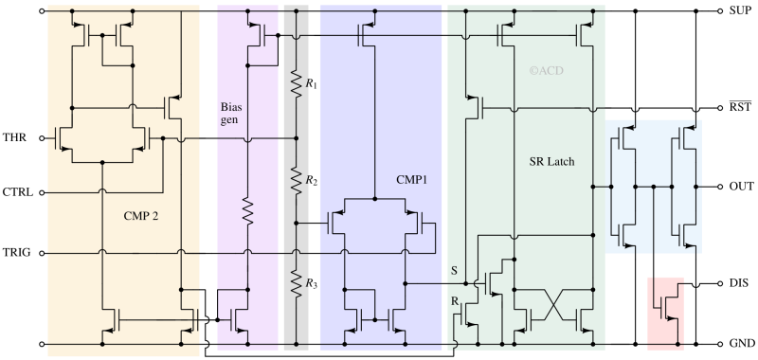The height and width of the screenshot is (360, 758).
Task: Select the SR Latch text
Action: pyautogui.click(x=550, y=161)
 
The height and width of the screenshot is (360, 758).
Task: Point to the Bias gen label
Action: pyautogui.click(x=229, y=115)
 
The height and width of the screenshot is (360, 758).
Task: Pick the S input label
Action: pyautogui.click(x=455, y=271)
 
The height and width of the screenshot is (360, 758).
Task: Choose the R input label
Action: pyautogui.click(x=455, y=300)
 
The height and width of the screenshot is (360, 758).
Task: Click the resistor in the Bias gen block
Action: pyautogui.click(x=247, y=210)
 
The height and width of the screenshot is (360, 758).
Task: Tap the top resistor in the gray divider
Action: pyautogui.click(x=296, y=83)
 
